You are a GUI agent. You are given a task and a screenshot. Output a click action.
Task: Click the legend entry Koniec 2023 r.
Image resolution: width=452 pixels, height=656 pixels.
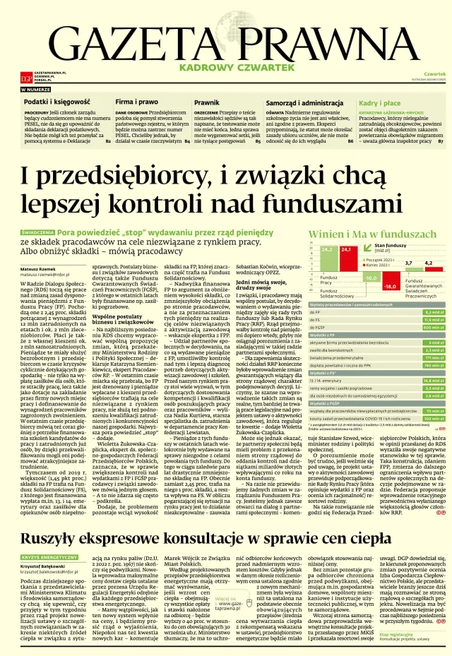[382, 266]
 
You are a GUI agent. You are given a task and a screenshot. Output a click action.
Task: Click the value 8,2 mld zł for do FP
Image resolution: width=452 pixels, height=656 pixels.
[433, 311]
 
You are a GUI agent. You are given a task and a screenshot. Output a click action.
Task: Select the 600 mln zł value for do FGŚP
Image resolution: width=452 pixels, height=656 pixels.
[433, 327]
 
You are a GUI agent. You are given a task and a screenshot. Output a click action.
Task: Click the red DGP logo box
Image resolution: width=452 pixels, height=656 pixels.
[25, 77]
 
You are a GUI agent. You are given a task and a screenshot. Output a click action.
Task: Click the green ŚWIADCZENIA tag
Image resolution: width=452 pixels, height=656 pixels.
[38, 231]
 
